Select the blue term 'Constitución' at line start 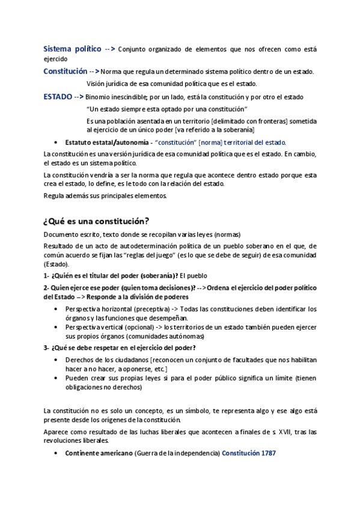click(65, 72)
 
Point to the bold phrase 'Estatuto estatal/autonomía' click(106, 143)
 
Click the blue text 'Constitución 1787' click(249, 453)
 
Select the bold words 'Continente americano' click(99, 453)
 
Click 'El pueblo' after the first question click(193, 275)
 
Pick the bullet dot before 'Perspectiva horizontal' click(56, 309)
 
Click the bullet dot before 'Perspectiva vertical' click(56, 326)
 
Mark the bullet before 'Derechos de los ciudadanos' click(56, 360)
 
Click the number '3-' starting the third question click(47, 348)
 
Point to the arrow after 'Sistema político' click(109, 49)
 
